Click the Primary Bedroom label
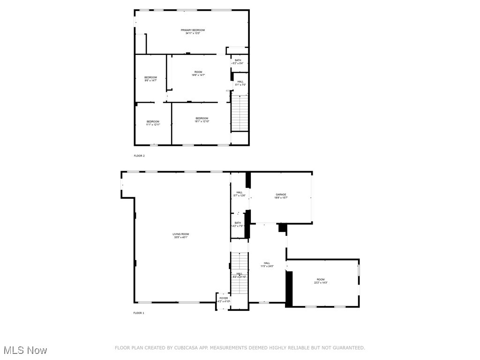tap(193, 30)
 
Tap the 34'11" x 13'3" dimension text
tap(193, 33)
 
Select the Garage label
tap(281, 195)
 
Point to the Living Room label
tap(180, 234)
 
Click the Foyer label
tap(224, 298)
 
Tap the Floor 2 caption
tap(139, 156)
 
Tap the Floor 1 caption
tap(139, 313)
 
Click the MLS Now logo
tap(25, 350)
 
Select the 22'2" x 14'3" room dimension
tap(321, 283)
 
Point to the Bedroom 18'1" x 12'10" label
tap(202, 118)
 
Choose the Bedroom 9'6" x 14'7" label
tap(150, 77)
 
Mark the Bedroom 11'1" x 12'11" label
tap(153, 121)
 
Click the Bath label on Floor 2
tap(238, 60)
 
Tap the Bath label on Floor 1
tap(238, 223)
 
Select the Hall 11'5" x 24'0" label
tap(267, 263)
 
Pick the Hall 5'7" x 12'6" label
tap(240, 192)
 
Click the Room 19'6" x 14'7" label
tap(198, 72)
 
